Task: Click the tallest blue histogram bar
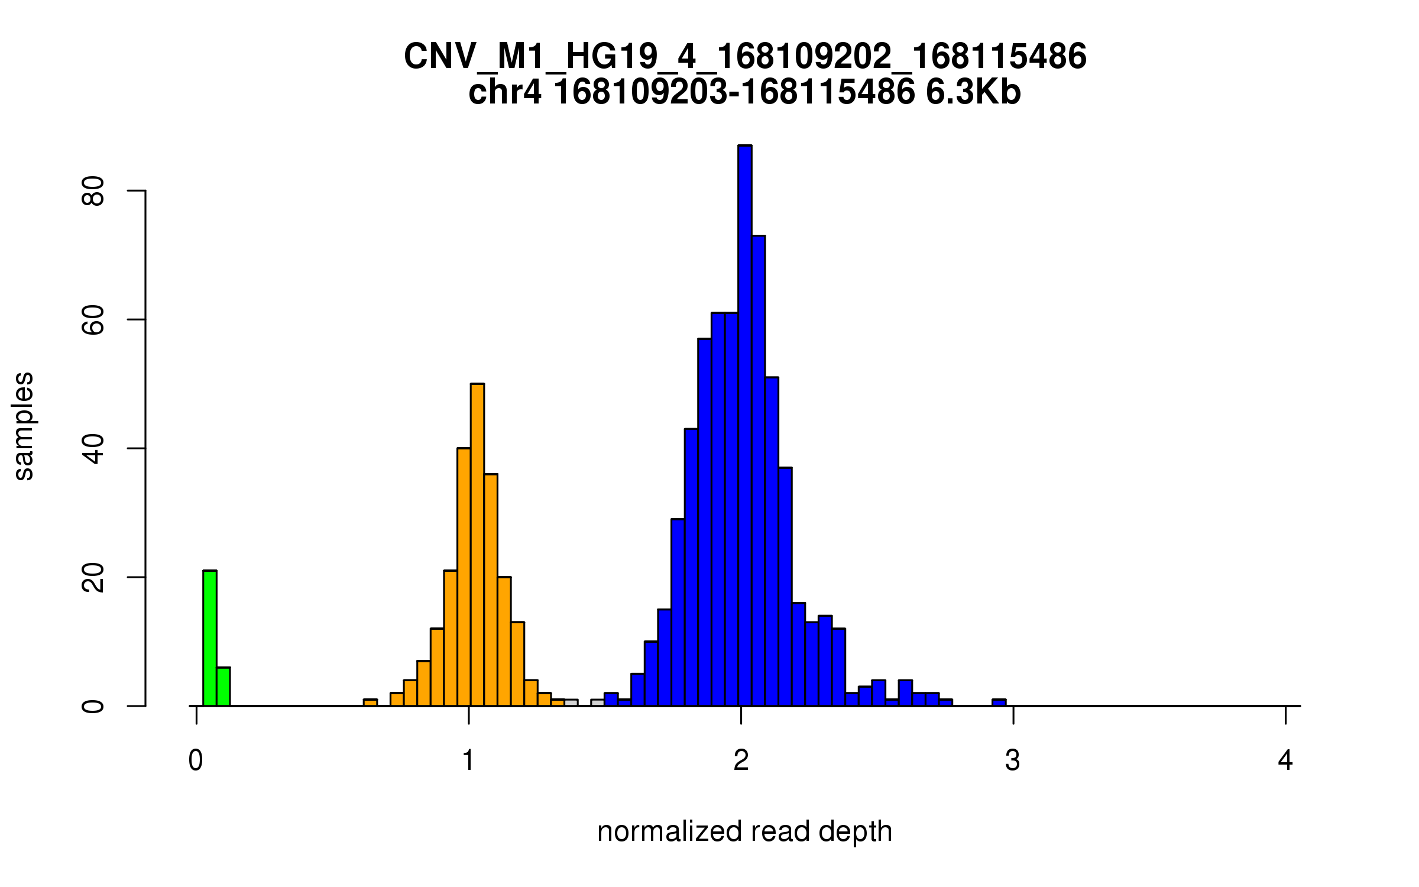[744, 426]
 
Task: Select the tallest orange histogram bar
[477, 544]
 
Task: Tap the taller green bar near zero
[210, 639]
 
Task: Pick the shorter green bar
[223, 687]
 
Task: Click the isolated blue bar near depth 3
[999, 703]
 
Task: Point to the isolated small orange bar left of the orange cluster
[370, 703]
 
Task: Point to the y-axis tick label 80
[93, 190]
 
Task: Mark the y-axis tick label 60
[93, 319]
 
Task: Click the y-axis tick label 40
[93, 448]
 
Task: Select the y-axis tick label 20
[93, 577]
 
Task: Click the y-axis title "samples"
[24, 426]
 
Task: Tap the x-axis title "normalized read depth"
[744, 832]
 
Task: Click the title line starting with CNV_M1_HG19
[744, 57]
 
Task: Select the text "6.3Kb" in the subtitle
[973, 92]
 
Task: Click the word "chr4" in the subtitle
[504, 92]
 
